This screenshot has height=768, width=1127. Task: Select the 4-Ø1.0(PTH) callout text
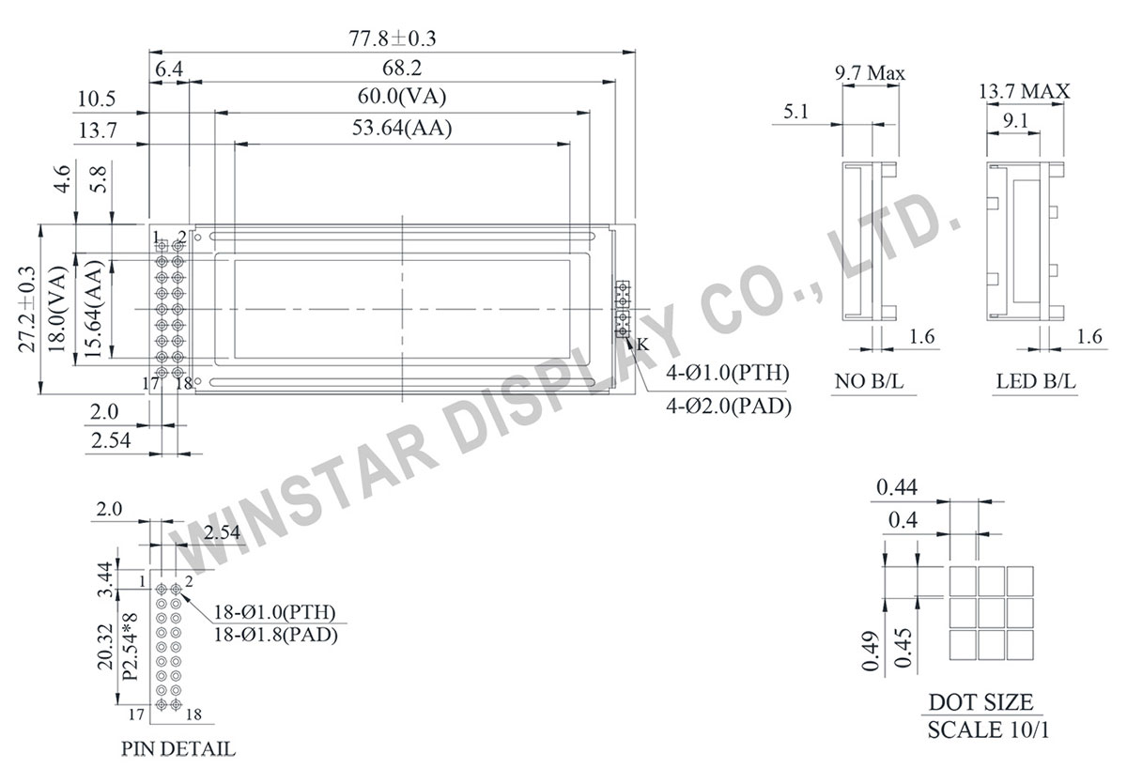pos(728,374)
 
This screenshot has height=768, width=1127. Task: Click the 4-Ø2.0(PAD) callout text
pos(729,406)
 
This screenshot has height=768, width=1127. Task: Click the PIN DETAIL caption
pos(178,749)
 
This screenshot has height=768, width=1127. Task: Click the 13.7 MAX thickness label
pos(1024,91)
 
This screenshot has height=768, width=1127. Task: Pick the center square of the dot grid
pos(991,612)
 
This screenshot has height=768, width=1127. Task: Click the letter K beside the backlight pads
pos(642,345)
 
